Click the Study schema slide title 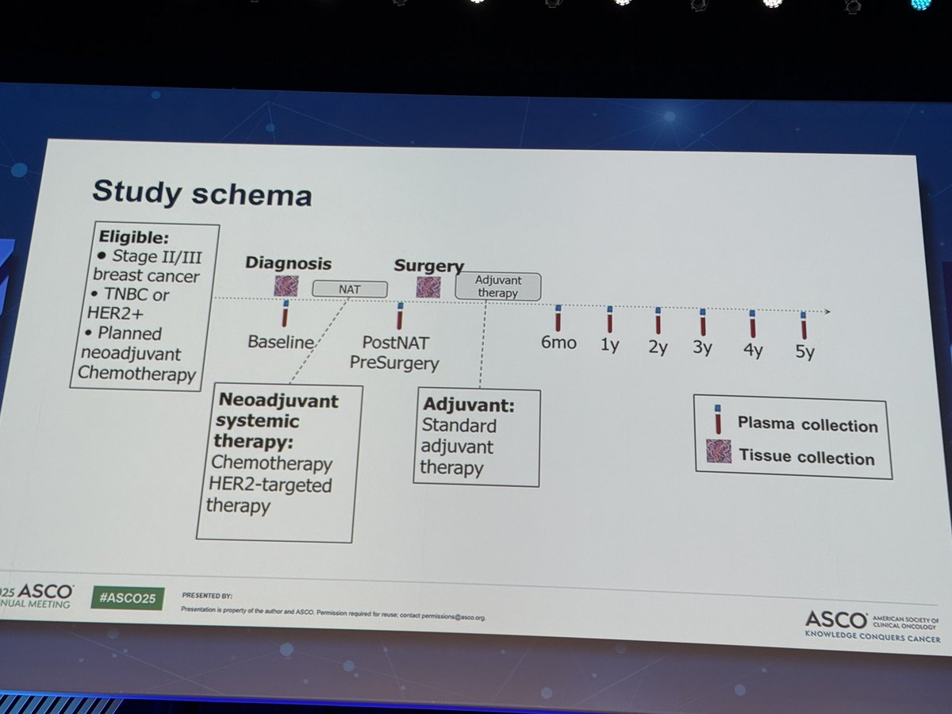point(202,192)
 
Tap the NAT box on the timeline point(350,289)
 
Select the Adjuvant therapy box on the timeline point(497,286)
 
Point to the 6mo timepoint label point(559,343)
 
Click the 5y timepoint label point(804,351)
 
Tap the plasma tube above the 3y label point(702,323)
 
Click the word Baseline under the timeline point(280,344)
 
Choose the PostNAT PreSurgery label point(401,354)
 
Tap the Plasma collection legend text point(807,424)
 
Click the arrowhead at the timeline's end point(827,312)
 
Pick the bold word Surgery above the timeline point(429,266)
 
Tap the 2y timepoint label point(658,347)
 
